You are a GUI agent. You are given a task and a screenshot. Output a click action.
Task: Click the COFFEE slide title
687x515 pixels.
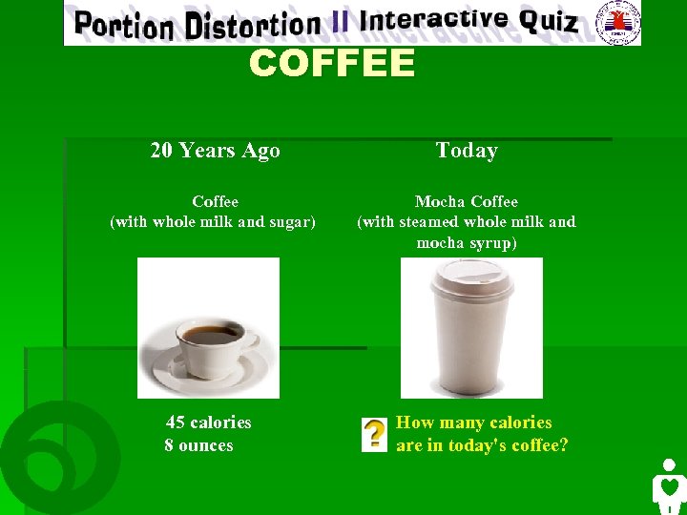point(332,64)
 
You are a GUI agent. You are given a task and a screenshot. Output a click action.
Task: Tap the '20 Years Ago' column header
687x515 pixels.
point(215,150)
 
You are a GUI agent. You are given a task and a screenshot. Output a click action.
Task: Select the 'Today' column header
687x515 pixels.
point(467,150)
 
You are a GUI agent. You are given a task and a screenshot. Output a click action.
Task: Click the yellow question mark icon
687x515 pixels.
point(375,434)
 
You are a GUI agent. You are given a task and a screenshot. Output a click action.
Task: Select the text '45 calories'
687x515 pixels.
point(208,422)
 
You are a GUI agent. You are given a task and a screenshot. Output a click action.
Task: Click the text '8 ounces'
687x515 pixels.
point(198,444)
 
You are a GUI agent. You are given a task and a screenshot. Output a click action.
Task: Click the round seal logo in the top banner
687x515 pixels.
point(617,21)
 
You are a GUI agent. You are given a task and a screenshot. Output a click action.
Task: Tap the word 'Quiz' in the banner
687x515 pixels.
point(549,21)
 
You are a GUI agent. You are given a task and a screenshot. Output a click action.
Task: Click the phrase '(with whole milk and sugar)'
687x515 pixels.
point(213,222)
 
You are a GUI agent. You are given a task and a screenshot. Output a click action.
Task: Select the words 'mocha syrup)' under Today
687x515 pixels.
point(467,243)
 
